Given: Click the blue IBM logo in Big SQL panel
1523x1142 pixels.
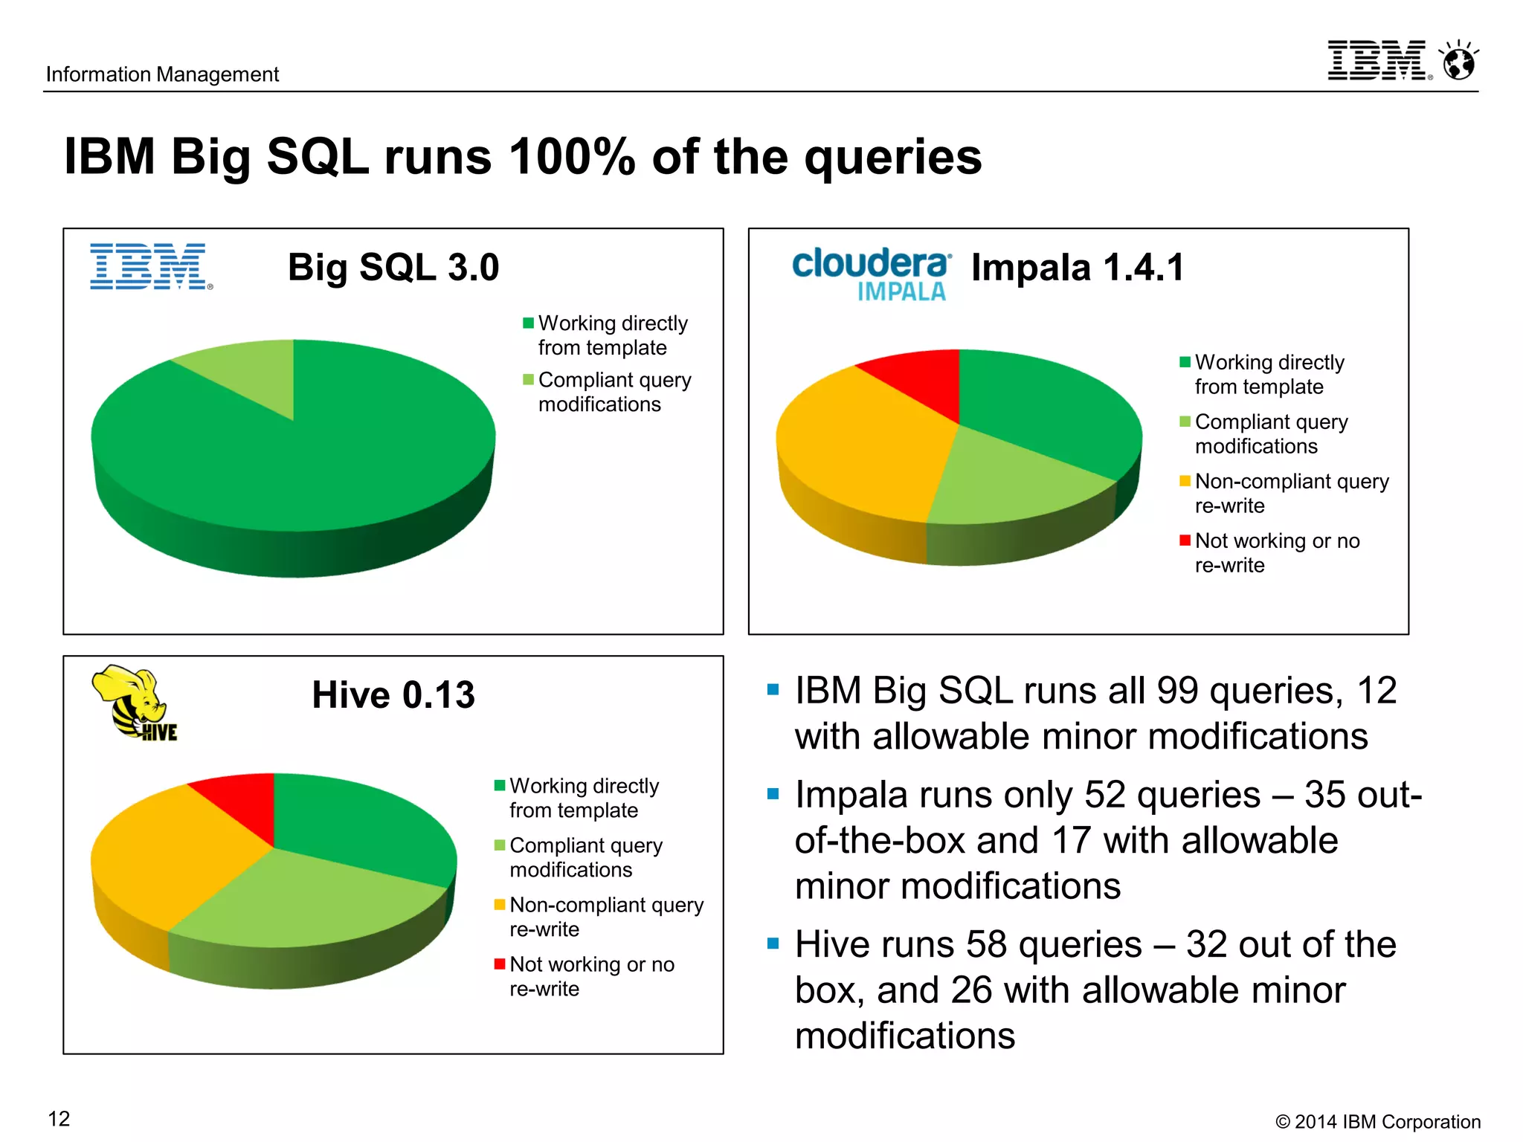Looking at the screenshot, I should click(x=149, y=266).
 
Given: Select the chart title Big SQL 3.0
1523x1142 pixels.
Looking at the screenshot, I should click(x=393, y=267).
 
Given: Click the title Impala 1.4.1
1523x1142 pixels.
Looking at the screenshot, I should click(x=1077, y=267).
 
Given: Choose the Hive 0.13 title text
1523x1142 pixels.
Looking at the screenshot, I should click(x=393, y=694).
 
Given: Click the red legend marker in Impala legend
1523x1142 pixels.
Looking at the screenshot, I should click(x=1185, y=541).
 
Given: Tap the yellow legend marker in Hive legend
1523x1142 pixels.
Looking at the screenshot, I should click(x=500, y=905).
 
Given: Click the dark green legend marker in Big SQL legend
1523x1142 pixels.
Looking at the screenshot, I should click(x=528, y=323).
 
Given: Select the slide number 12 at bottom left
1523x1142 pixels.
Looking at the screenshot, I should click(x=59, y=1118).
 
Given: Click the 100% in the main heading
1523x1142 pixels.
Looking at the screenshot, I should click(x=573, y=157).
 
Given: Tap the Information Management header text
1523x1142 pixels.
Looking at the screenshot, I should click(x=162, y=74).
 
